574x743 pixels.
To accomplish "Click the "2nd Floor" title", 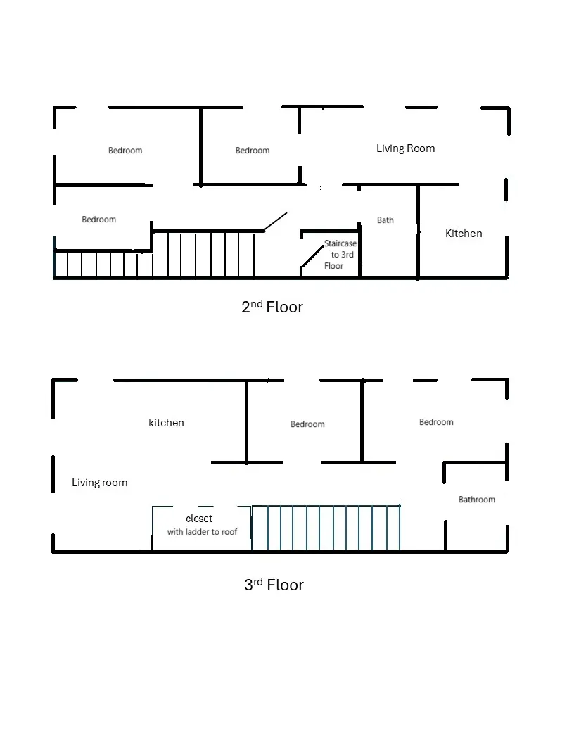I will coord(272,307).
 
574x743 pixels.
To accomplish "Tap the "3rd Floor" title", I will coord(274,585).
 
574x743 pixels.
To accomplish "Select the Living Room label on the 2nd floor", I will coord(405,148).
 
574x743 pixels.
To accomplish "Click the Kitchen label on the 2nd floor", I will coord(464,234).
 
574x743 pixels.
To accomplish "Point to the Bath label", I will coord(385,220).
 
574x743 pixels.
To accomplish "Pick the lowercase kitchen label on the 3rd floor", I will coord(166,423).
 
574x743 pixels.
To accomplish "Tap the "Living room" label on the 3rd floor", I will coord(99,483).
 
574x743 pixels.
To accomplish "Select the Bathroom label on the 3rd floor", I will coord(477,500).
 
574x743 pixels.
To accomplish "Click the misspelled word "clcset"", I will coord(199,519).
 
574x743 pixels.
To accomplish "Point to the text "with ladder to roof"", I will coord(202,532).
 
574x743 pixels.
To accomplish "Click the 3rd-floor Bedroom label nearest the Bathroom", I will coord(436,422).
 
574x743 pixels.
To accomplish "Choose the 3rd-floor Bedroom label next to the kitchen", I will coord(307,424).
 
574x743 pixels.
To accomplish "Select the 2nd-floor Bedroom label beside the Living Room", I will coord(253,151).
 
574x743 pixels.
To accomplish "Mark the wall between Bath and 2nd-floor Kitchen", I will coord(418,232).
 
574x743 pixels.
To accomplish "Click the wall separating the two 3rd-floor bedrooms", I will coord(362,421).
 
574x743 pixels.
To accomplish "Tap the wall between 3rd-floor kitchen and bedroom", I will coord(247,421).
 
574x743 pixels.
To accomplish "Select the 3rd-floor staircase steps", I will coord(326,528).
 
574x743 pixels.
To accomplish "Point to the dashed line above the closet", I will coord(202,507).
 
